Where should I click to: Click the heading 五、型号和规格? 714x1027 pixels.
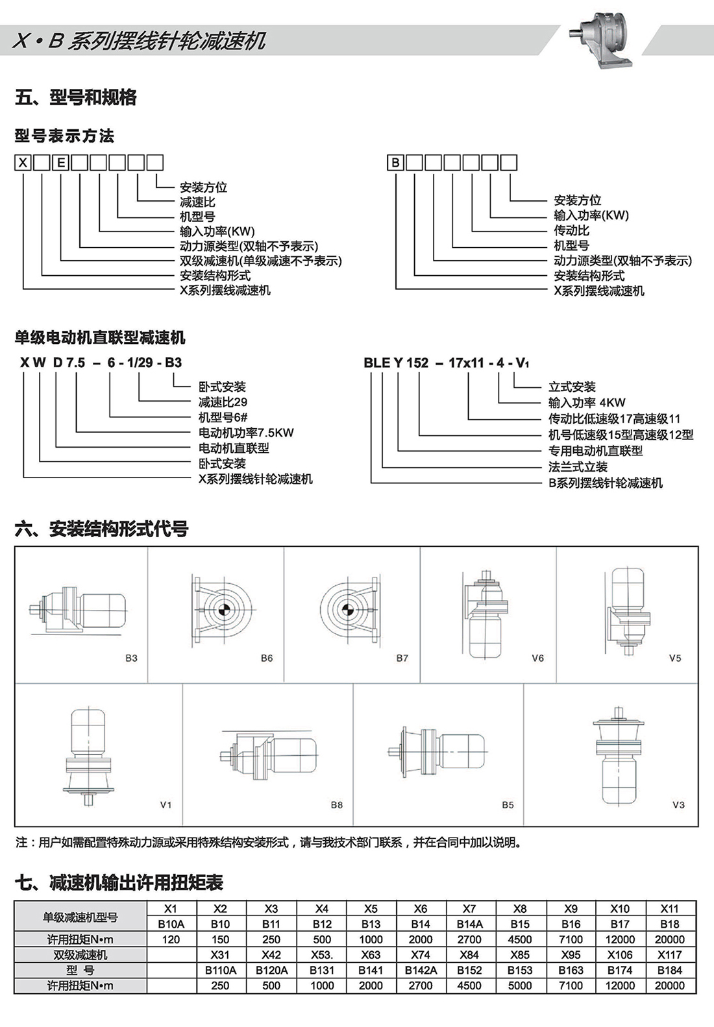[x=76, y=98]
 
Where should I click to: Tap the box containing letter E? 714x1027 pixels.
[x=60, y=162]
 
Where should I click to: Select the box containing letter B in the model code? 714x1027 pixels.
[x=395, y=162]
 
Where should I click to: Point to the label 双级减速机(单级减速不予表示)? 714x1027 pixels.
[x=260, y=261]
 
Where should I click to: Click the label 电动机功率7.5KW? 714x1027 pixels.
[x=246, y=433]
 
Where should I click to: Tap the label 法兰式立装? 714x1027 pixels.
[x=578, y=466]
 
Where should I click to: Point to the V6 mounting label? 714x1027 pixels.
[x=537, y=658]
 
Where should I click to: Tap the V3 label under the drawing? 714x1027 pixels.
[x=678, y=804]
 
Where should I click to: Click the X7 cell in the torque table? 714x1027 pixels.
[x=469, y=908]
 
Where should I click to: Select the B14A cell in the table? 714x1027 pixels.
[x=469, y=924]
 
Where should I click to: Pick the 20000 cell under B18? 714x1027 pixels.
[x=669, y=939]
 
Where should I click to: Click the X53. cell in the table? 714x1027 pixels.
[x=321, y=955]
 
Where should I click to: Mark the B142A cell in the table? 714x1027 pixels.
[x=420, y=971]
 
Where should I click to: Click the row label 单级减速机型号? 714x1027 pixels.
[x=80, y=916]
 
